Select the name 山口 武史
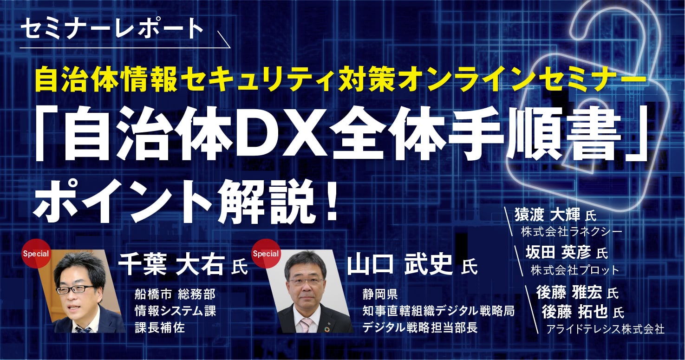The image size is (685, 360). [x=399, y=265]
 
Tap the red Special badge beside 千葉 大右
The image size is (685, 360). [x=36, y=254]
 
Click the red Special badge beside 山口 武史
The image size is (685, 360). [x=265, y=254]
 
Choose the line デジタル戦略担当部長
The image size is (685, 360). [x=420, y=327]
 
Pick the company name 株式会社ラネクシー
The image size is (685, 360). [x=571, y=231]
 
